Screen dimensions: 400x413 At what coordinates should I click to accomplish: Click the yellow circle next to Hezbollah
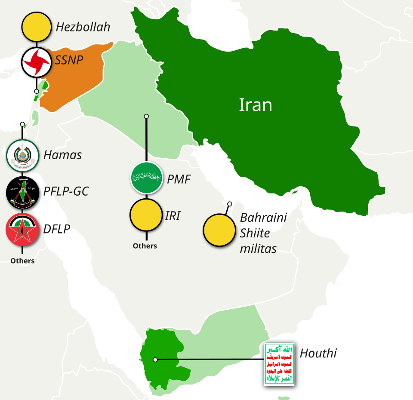tap(37, 27)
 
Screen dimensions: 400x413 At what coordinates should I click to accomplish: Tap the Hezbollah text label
tap(83, 27)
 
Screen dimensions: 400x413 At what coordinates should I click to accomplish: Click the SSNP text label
tap(69, 60)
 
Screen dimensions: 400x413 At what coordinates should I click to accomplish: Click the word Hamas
tap(63, 155)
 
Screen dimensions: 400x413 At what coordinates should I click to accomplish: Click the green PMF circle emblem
tap(146, 177)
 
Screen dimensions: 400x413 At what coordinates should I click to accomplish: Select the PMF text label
tap(179, 179)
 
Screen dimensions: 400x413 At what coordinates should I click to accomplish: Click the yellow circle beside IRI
tap(146, 215)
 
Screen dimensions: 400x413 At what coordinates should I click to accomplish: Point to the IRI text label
tap(173, 216)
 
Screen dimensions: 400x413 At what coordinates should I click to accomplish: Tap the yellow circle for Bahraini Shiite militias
tap(219, 231)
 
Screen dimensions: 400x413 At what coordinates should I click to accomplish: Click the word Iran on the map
tap(256, 105)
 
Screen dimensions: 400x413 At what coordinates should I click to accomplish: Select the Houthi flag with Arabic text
tap(279, 364)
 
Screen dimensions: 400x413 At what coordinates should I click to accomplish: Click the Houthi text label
tap(318, 354)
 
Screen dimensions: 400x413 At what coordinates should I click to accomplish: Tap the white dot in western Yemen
tap(155, 359)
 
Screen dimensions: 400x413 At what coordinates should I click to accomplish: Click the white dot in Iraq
tap(146, 116)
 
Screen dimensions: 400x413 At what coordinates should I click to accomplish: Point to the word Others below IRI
tap(145, 246)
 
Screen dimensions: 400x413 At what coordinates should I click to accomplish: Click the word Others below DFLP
tap(22, 261)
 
